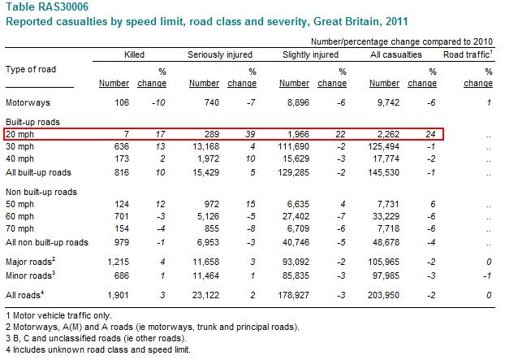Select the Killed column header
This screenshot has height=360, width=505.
click(134, 54)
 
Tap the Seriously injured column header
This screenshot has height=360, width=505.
click(220, 54)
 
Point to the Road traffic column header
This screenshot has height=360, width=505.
click(468, 54)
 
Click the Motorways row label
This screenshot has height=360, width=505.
click(28, 102)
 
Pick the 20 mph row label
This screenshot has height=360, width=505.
click(19, 134)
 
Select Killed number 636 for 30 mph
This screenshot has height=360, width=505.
click(122, 146)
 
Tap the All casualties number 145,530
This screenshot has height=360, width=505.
click(383, 172)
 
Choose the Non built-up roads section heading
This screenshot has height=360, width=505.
click(41, 192)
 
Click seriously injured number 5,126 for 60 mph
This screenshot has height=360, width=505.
click(208, 216)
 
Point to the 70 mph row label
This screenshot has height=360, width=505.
click(19, 228)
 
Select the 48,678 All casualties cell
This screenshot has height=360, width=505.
click(386, 242)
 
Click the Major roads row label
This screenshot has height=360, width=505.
click(31, 262)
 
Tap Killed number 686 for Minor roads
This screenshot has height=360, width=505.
click(122, 275)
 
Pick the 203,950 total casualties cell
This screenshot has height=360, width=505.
click(383, 295)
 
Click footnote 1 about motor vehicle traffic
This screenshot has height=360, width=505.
click(58, 315)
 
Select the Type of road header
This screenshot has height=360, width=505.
click(31, 69)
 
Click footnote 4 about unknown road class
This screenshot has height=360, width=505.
click(98, 349)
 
